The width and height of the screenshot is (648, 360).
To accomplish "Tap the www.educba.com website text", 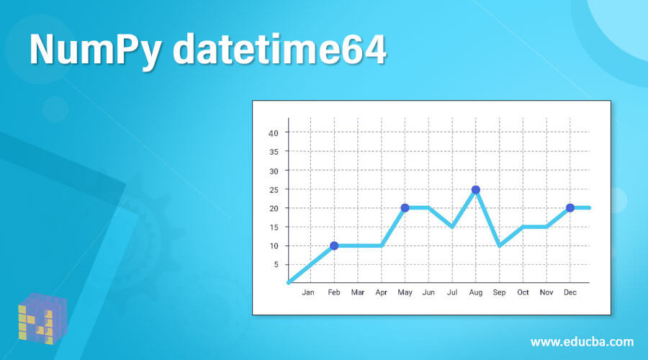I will pyautogui.click(x=582, y=341).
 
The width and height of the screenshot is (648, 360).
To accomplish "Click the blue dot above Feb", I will pyautogui.click(x=334, y=246).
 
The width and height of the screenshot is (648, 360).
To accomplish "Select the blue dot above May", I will pyautogui.click(x=405, y=208).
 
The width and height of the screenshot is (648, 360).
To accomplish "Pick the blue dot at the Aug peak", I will pyautogui.click(x=475, y=189).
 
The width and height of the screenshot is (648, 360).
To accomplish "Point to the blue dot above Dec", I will pyautogui.click(x=570, y=208).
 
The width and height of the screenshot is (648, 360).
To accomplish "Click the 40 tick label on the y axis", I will pyautogui.click(x=274, y=133).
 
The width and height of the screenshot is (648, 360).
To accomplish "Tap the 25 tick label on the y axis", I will pyautogui.click(x=274, y=189).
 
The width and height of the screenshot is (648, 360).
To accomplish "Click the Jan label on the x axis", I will pyautogui.click(x=308, y=292).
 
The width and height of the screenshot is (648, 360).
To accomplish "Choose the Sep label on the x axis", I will pyautogui.click(x=499, y=292).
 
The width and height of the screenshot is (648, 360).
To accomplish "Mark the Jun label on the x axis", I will pyautogui.click(x=428, y=292).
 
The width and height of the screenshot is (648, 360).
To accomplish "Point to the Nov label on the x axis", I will pyautogui.click(x=546, y=292).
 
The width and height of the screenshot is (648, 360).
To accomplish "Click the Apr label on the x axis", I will pyautogui.click(x=382, y=292).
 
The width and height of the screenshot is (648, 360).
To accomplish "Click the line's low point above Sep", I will pyautogui.click(x=499, y=246).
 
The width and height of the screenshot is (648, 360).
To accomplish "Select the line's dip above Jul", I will pyautogui.click(x=451, y=227).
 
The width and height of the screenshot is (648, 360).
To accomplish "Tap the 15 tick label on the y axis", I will pyautogui.click(x=274, y=227).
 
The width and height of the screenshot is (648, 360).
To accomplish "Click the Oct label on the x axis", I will pyautogui.click(x=523, y=292).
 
